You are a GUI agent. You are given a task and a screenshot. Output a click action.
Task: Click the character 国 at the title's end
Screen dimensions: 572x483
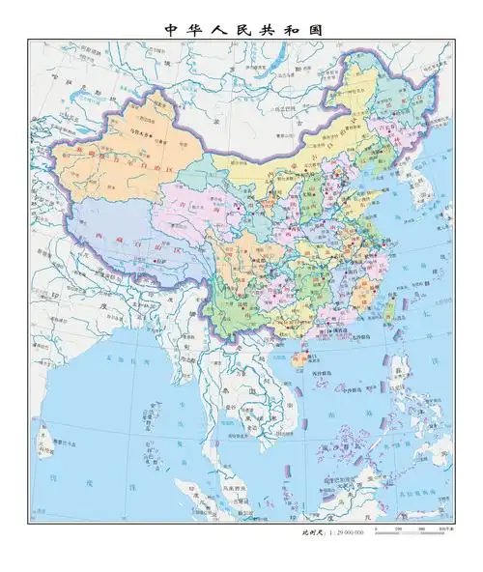pyautogui.click(x=314, y=29)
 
